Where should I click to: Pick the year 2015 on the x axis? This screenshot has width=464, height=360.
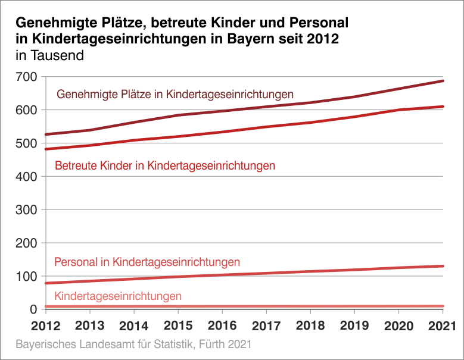[x=177, y=326]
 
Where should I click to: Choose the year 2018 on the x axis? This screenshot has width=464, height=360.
[x=310, y=326]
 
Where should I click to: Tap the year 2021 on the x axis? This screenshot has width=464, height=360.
[x=441, y=326]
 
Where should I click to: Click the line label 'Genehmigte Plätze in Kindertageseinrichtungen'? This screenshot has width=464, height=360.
[x=175, y=95]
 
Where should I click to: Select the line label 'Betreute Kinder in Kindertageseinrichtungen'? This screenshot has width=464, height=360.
[x=165, y=166]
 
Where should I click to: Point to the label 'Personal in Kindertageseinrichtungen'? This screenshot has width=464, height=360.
[x=147, y=262]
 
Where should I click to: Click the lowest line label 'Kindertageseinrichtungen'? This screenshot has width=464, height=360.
[x=118, y=296]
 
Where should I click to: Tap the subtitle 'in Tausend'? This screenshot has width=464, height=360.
[x=49, y=57]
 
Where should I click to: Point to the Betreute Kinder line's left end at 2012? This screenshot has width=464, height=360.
[x=46, y=149]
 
